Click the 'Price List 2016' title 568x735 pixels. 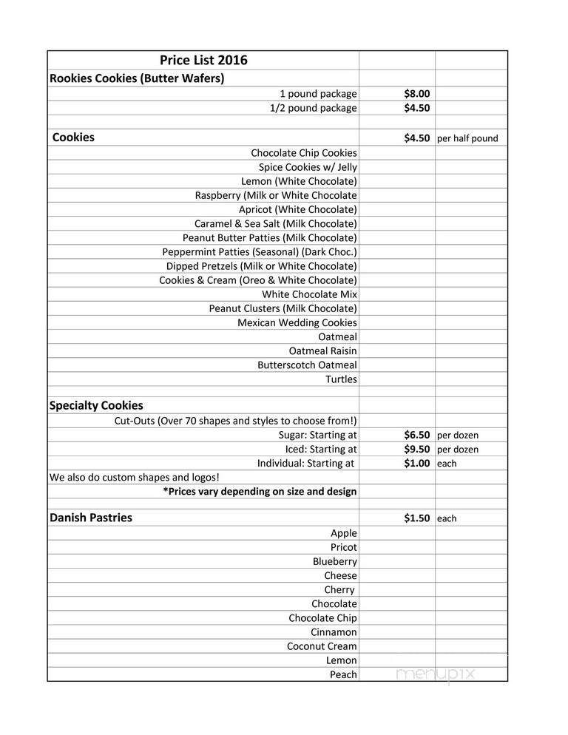[203, 61]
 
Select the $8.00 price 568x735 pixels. [416, 94]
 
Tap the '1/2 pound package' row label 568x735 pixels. [313, 108]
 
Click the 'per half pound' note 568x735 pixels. [467, 138]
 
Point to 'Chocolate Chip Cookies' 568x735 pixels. [303, 153]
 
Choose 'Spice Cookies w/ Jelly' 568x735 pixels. [308, 167]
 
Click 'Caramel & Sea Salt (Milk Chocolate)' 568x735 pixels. [275, 223]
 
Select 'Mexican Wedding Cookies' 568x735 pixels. [297, 322]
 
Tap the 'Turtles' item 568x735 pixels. [341, 379]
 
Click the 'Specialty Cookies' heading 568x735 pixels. [96, 405]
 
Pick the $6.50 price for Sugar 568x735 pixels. [416, 435]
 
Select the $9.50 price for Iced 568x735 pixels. [416, 449]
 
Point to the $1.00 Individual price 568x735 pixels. [416, 463]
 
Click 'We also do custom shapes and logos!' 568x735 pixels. [134, 477]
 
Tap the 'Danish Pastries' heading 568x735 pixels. [90, 518]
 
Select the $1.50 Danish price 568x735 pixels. [416, 518]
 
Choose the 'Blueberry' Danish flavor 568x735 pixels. [334, 561]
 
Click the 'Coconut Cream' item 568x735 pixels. [322, 646]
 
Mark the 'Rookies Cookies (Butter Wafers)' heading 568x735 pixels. [137, 78]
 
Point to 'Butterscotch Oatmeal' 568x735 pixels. [307, 365]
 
